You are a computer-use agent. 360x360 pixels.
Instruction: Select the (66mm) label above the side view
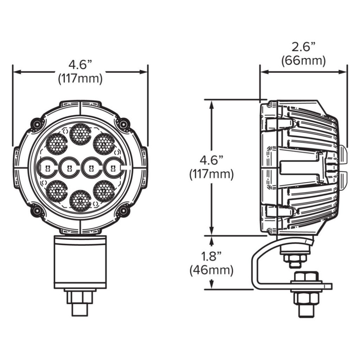[303, 60]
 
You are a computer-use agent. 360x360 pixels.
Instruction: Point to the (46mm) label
[211, 270]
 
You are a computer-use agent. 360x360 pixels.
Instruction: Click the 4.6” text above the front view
[80, 65]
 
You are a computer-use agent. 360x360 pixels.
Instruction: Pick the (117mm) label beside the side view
[211, 174]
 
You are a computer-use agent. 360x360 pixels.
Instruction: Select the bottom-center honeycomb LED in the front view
[81, 201]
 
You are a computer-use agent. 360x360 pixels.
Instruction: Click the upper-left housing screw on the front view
[37, 124]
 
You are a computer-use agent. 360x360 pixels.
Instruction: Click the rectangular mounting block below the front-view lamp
[80, 262]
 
